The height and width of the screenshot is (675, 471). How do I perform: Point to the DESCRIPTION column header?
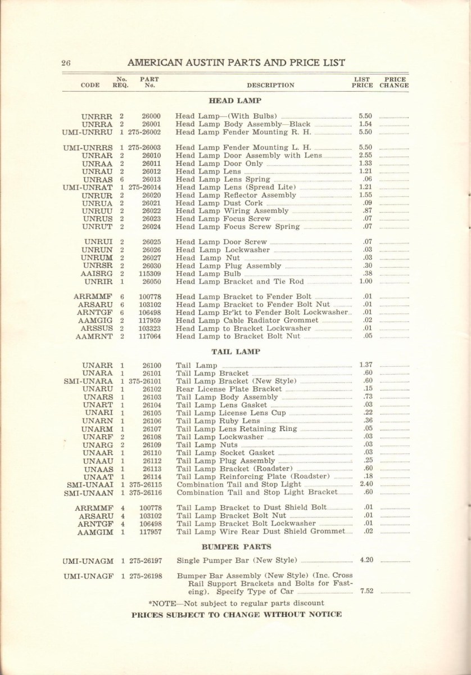(270, 85)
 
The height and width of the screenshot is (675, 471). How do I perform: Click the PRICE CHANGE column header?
(394, 83)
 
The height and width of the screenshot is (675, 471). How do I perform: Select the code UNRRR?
(97, 116)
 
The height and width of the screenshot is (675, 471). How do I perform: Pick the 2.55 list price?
(365, 155)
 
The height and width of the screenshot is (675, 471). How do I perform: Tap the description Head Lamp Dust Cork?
(220, 203)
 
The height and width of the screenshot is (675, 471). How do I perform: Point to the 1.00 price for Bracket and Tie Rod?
(365, 281)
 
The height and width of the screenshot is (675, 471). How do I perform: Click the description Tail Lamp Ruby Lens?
(218, 421)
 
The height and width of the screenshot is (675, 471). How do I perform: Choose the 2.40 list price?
(366, 484)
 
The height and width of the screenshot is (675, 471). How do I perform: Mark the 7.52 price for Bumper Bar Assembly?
(366, 591)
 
